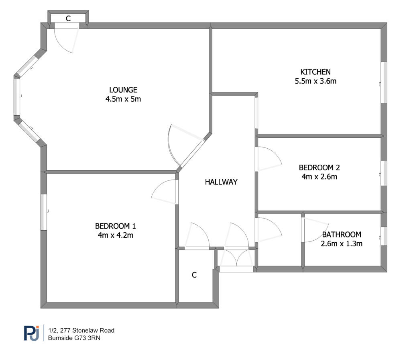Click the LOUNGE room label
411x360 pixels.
point(123,90)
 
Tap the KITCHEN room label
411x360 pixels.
point(315,72)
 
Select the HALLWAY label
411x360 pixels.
point(221,182)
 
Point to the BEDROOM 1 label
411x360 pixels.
point(115,226)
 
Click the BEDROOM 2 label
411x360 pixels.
point(319,168)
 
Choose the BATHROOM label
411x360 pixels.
point(342,234)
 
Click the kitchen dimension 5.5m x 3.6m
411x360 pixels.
point(315,81)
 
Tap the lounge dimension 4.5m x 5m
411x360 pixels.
point(123,99)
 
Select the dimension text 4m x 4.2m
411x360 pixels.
point(115,235)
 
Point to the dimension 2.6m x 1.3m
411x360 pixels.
point(342,244)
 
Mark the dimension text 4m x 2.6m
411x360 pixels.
point(319,177)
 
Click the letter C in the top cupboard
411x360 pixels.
point(68,18)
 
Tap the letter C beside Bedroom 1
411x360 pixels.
point(194,275)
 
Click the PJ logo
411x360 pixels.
point(32,333)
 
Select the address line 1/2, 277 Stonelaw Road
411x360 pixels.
point(81,330)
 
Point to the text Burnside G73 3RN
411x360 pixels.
point(74,338)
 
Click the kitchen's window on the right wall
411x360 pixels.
point(384,82)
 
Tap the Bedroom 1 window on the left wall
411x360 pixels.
point(44,212)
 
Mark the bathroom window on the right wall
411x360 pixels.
point(384,236)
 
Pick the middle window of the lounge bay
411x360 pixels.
point(17,97)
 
